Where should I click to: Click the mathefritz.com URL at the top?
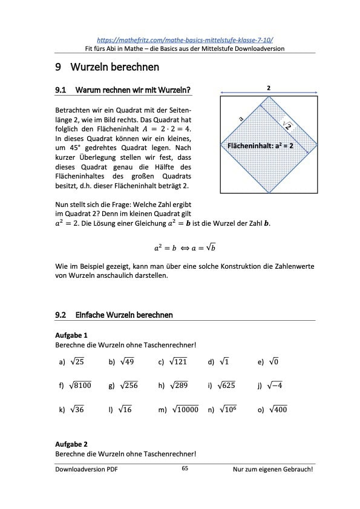[x=185, y=38]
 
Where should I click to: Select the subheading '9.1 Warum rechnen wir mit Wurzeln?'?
[x=123, y=90]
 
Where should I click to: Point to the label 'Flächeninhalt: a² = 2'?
[x=260, y=146]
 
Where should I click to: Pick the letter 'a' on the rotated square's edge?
[x=241, y=120]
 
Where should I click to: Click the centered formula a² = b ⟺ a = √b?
[x=185, y=247]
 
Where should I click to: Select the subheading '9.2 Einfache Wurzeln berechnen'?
[x=114, y=315]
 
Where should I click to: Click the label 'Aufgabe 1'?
[x=71, y=335]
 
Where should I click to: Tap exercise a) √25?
[x=72, y=362]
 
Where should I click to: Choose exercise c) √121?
[x=173, y=362]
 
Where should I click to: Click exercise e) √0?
[x=268, y=362]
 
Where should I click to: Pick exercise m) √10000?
[x=178, y=410]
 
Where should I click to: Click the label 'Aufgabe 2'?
[x=71, y=444]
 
